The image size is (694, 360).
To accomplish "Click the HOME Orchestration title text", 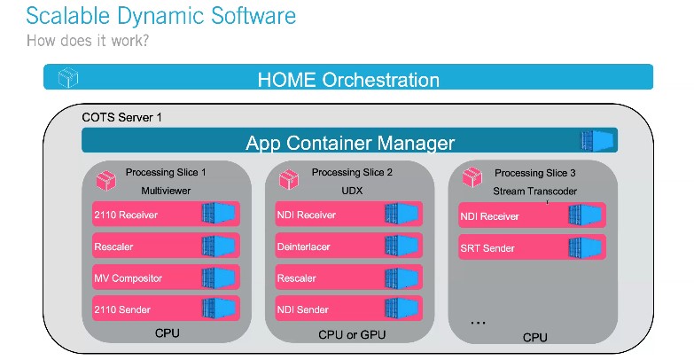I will click(348, 80).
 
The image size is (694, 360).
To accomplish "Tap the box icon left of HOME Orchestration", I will click(67, 78).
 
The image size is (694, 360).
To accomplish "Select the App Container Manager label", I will click(350, 142).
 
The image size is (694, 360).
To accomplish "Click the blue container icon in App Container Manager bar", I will click(597, 141).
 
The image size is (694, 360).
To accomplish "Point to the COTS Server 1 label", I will click(121, 117).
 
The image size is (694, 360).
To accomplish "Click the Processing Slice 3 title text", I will click(534, 173).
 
